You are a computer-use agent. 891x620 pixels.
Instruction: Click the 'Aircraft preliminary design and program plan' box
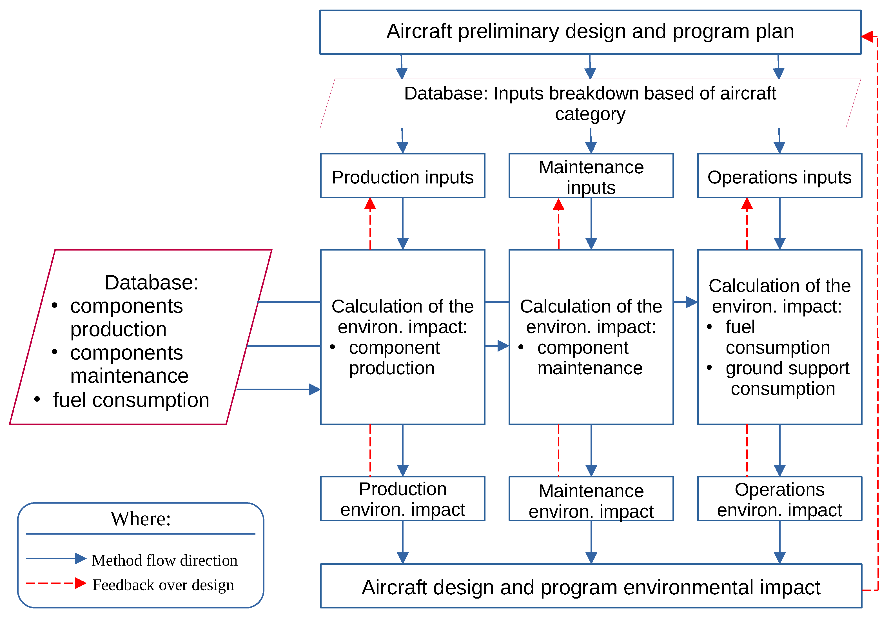[x=590, y=32]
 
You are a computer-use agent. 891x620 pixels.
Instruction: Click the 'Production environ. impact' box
[x=402, y=499]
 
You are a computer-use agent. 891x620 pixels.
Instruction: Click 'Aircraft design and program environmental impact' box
[x=591, y=587]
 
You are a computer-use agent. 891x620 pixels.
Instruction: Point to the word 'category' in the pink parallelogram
[x=590, y=114]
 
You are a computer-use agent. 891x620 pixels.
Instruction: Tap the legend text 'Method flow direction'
[x=164, y=560]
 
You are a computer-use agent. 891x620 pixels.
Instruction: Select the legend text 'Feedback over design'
[x=163, y=585]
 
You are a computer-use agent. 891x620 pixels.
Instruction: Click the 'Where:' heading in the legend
[x=141, y=519]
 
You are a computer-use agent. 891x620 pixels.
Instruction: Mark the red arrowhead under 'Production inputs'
[x=370, y=204]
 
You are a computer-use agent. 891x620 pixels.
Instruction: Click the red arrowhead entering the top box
[x=867, y=37]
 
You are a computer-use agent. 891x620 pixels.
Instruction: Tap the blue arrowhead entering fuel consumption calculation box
[x=692, y=302]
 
